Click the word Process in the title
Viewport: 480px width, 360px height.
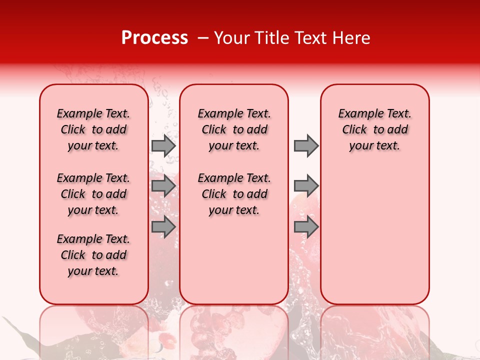click(x=154, y=38)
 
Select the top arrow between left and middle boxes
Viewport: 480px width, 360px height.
click(x=163, y=145)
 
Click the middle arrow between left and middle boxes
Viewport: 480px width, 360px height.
click(x=163, y=186)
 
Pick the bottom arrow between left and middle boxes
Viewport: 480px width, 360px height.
click(x=163, y=227)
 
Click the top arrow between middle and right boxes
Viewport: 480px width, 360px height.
click(x=306, y=145)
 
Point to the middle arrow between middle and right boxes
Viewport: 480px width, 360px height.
click(x=306, y=186)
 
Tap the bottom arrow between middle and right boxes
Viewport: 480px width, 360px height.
click(x=306, y=227)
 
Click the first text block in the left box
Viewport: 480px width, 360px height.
click(x=93, y=129)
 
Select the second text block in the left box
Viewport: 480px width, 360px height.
click(x=93, y=194)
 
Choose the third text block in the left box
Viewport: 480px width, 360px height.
click(x=93, y=255)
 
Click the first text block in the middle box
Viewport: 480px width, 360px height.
click(x=234, y=129)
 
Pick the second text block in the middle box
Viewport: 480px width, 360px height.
click(x=234, y=194)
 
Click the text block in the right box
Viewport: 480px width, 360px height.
click(x=374, y=129)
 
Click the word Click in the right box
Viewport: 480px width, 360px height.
click(x=354, y=130)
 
